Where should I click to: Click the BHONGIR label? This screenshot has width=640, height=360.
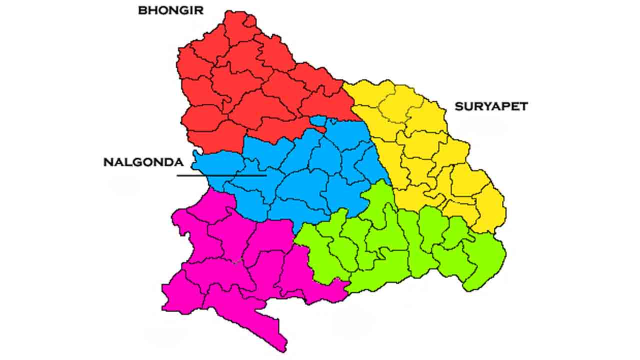pos(170,10)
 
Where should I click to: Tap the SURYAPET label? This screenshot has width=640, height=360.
pos(491,106)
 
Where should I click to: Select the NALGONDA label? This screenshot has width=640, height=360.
pos(143,162)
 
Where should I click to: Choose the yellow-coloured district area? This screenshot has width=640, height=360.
pos(425,150)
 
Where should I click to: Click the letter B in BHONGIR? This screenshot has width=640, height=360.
pos(142,10)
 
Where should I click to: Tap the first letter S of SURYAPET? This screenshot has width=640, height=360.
pos(458,106)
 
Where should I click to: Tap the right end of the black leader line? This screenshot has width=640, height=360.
pos(265,175)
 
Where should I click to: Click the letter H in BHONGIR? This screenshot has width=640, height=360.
pos(151,10)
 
